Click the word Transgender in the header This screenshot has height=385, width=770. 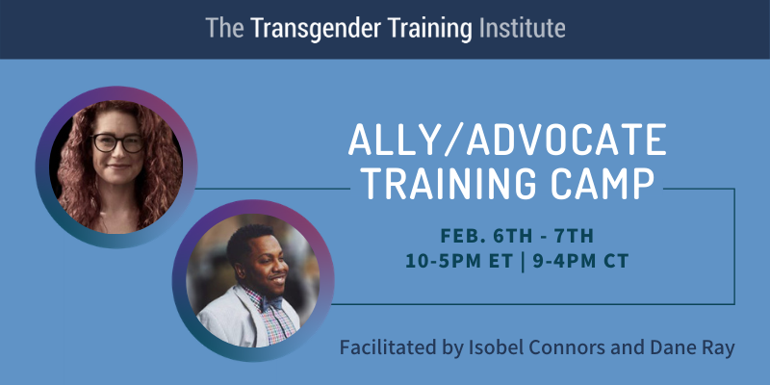coord(315,29)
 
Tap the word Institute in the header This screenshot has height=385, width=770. coord(522,28)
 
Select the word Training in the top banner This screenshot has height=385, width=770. coord(429,29)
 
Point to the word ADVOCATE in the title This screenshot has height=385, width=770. coord(567,140)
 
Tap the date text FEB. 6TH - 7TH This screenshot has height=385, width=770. coord(517,236)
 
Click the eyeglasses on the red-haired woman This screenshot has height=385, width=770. coord(117,142)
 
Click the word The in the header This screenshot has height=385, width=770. coord(224,29)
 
